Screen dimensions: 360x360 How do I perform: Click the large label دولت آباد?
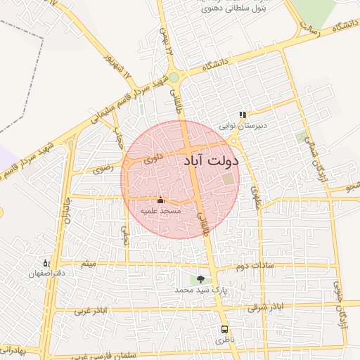coord(211,160)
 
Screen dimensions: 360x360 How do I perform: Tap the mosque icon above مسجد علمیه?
coord(160,200)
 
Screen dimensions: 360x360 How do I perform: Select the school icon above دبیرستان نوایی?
coord(243,115)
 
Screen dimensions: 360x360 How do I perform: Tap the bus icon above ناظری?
coord(224,329)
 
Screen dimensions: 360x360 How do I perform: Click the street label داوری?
coord(153,160)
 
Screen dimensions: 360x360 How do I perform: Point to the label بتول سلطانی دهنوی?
coord(213,8)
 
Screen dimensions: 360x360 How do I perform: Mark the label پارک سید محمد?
coord(192,290)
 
